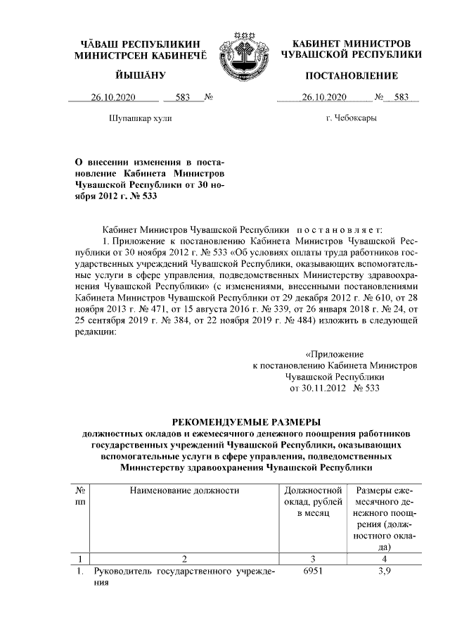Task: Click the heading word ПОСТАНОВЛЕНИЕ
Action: coord(352,75)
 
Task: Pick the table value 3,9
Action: coord(385,572)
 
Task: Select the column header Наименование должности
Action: coord(184,490)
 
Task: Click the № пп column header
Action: coord(81,496)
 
